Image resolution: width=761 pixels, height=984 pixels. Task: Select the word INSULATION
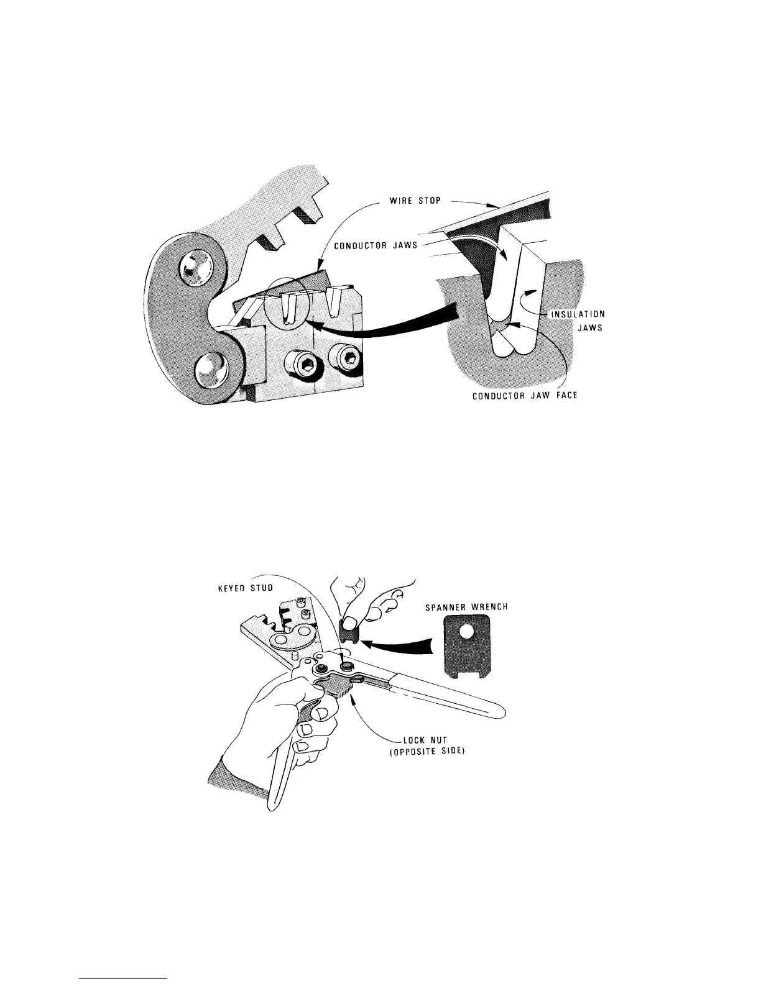(578, 314)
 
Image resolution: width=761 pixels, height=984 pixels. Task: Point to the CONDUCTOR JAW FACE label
(525, 396)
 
